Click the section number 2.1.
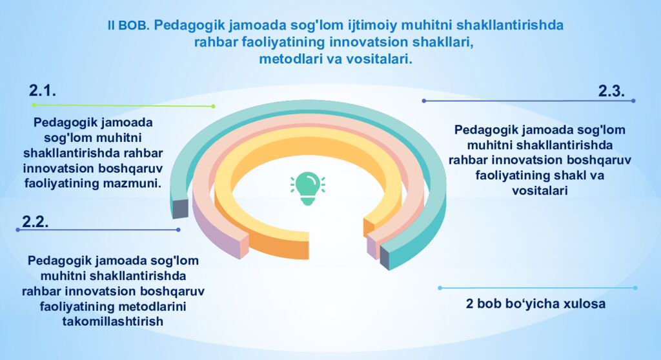pyautogui.click(x=43, y=91)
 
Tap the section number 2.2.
pyautogui.click(x=36, y=221)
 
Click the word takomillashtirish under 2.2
pyautogui.click(x=112, y=321)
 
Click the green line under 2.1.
pyautogui.click(x=123, y=105)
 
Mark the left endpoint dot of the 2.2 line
pyautogui.click(x=17, y=230)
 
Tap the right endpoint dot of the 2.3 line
pyautogui.click(x=633, y=101)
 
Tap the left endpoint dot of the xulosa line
pyautogui.click(x=440, y=288)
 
